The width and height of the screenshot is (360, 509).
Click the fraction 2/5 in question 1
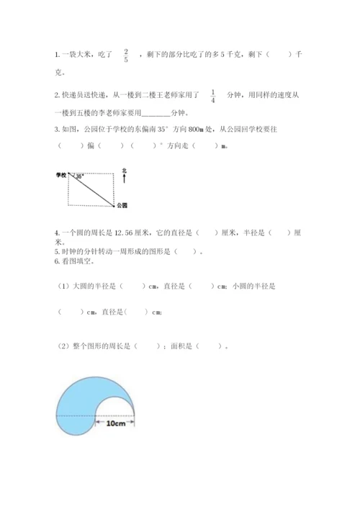[x=126, y=55]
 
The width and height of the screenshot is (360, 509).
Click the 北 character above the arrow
[x=124, y=170]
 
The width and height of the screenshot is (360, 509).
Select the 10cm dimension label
[x=116, y=424]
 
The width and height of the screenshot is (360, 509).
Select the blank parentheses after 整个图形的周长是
[x=148, y=346]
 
